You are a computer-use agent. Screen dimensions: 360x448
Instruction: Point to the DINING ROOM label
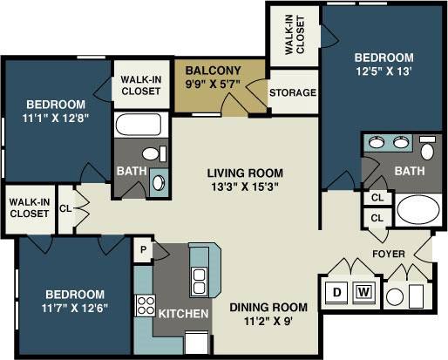point(268,307)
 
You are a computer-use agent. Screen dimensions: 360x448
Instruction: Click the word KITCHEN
point(182,313)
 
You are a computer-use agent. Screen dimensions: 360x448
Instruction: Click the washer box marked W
point(363,291)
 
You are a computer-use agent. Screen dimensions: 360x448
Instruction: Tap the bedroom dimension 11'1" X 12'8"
point(54,112)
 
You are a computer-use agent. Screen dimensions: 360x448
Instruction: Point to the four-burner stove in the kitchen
point(145,305)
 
